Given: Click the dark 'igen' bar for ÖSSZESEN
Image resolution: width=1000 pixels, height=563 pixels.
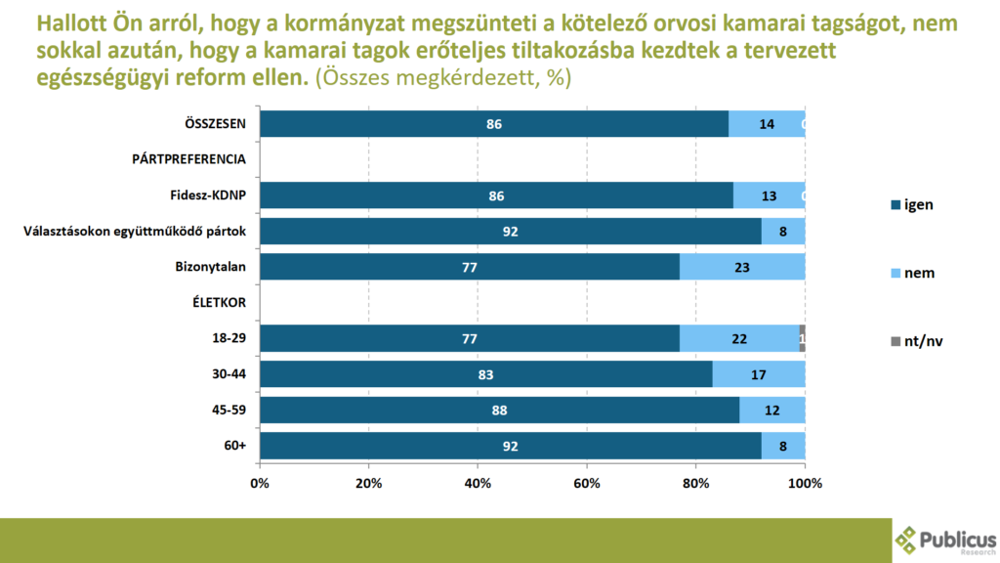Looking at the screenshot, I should (x=493, y=124).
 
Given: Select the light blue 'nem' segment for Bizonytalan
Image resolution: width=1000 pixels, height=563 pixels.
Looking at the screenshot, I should (x=742, y=267).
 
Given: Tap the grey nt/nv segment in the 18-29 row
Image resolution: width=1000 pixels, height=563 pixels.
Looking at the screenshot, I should (x=802, y=338).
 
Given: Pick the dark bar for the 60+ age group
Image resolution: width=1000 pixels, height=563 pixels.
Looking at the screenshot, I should (x=510, y=446).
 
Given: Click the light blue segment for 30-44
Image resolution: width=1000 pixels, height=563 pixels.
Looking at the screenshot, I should (x=759, y=374).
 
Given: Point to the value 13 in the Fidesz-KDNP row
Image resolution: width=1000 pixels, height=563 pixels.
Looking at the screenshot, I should (x=770, y=195).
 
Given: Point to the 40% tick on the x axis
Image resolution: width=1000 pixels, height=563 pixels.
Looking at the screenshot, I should (x=478, y=483).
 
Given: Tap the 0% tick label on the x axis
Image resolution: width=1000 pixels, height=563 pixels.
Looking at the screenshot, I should (x=260, y=483).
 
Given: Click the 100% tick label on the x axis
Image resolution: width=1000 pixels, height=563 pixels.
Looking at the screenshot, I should (x=805, y=483).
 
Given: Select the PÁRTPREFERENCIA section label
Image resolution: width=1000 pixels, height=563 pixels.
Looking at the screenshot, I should (x=188, y=159).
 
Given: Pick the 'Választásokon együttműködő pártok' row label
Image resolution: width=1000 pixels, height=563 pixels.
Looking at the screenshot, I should (x=135, y=231).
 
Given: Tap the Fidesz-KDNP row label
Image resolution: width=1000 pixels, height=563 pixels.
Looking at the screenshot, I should (x=207, y=195).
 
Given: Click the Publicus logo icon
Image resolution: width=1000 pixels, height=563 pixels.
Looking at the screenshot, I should (x=907, y=541).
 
